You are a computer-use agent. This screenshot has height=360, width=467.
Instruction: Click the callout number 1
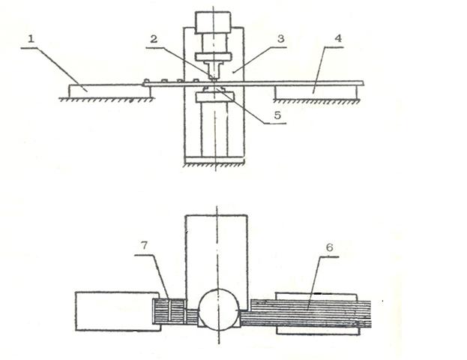pyautogui.click(x=31, y=39)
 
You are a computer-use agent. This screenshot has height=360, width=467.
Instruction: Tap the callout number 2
pyautogui.click(x=154, y=39)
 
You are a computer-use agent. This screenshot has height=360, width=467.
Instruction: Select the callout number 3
pyautogui.click(x=281, y=39)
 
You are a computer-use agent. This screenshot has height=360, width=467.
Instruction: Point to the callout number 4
pyautogui.click(x=338, y=38)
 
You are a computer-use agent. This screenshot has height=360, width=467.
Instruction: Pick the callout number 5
pyautogui.click(x=277, y=115)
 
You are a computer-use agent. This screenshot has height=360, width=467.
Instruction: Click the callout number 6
pyautogui.click(x=329, y=247)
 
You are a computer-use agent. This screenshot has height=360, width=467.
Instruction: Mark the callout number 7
pyautogui.click(x=144, y=245)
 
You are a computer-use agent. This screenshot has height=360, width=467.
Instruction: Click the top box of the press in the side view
pyautogui.click(x=213, y=22)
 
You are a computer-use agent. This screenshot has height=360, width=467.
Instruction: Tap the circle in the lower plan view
pyautogui.click(x=219, y=310)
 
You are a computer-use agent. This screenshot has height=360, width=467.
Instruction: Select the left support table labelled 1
pyautogui.click(x=109, y=91)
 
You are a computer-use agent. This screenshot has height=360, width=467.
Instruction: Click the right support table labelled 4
pyautogui.click(x=316, y=92)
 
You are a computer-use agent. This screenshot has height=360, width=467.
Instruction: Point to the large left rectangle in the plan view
pyautogui.click(x=117, y=311)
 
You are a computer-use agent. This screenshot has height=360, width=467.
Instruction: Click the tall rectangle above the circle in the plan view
pyautogui.click(x=217, y=256)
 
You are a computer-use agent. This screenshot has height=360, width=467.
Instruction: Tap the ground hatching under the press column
pyautogui.click(x=214, y=165)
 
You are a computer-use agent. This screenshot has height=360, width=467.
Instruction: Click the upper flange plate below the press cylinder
pyautogui.click(x=213, y=56)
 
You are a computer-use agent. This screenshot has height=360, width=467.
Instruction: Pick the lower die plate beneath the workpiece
pyautogui.click(x=214, y=97)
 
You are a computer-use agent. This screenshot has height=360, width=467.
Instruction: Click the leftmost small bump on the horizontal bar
pyautogui.click(x=146, y=81)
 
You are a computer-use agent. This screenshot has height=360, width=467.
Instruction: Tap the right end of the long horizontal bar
pyautogui.click(x=364, y=83)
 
